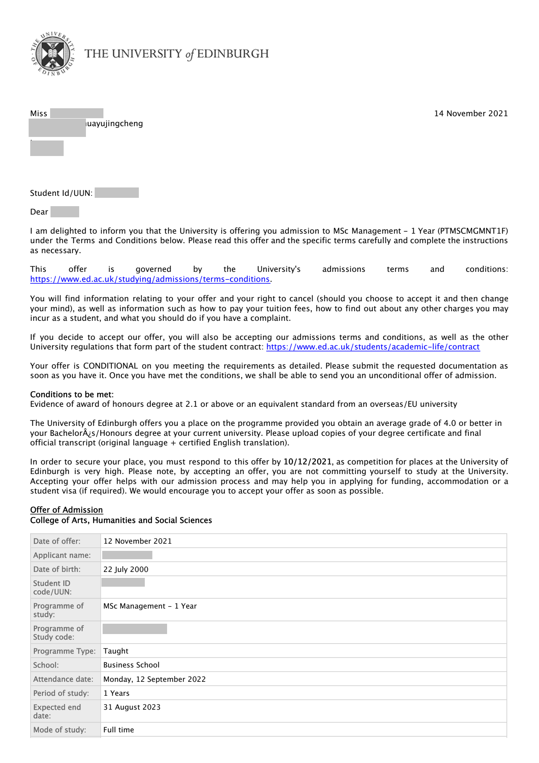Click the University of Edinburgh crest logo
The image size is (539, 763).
click(x=53, y=54)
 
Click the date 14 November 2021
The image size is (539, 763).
click(x=471, y=113)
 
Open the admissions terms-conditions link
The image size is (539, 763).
click(x=150, y=279)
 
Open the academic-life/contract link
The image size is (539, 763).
click(x=373, y=347)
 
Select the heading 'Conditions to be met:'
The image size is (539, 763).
click(x=72, y=394)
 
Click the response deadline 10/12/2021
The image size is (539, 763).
click(x=307, y=462)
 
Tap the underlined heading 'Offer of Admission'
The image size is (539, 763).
click(x=66, y=510)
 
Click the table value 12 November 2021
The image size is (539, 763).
click(x=137, y=541)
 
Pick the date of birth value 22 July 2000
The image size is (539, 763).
click(x=126, y=569)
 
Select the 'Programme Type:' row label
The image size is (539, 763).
click(x=64, y=651)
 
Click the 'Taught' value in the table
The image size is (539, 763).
click(x=116, y=651)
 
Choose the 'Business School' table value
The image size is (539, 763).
click(x=131, y=665)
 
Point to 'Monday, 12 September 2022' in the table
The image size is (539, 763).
click(x=154, y=679)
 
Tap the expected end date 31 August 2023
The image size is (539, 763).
click(x=132, y=707)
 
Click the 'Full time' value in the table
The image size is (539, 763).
click(x=119, y=730)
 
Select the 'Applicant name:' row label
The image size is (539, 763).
click(x=62, y=555)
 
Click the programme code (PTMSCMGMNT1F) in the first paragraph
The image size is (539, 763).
click(x=473, y=231)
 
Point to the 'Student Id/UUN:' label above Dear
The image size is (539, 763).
click(x=61, y=193)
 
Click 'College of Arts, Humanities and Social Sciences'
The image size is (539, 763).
click(x=121, y=520)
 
